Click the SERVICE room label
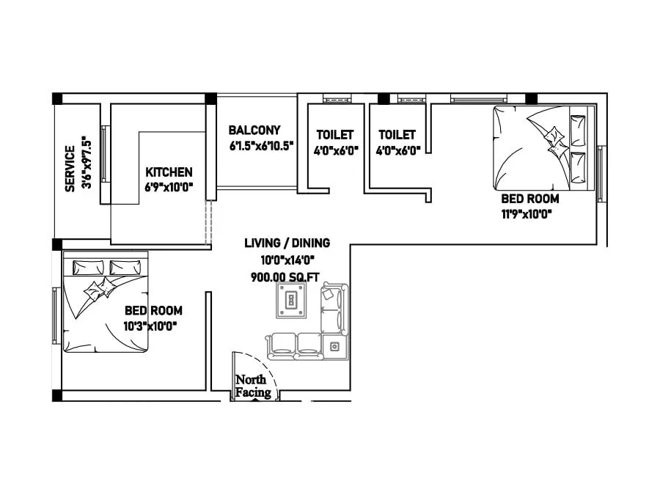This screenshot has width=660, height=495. pyautogui.click(x=70, y=169)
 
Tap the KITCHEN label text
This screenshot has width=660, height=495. pyautogui.click(x=169, y=172)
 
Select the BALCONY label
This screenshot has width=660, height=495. pyautogui.click(x=254, y=130)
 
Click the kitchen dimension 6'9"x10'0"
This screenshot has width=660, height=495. pyautogui.click(x=169, y=187)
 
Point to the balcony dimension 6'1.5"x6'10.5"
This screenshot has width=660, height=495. pyautogui.click(x=261, y=145)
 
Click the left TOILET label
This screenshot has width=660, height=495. pyautogui.click(x=334, y=135)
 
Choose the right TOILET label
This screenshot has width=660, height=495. pyautogui.click(x=397, y=135)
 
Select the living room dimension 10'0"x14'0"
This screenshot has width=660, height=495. pyautogui.click(x=287, y=260)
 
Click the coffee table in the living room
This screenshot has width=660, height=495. pyautogui.click(x=292, y=301)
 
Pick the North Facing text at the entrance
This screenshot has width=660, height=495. pyautogui.click(x=252, y=386)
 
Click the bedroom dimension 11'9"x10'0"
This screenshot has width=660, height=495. pyautogui.click(x=526, y=214)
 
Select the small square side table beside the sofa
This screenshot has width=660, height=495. pyautogui.click(x=335, y=345)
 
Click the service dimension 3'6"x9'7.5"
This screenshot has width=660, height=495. pyautogui.click(x=87, y=163)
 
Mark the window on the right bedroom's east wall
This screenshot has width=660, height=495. pyautogui.click(x=601, y=174)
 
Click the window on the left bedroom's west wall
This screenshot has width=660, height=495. pyautogui.click(x=56, y=315)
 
